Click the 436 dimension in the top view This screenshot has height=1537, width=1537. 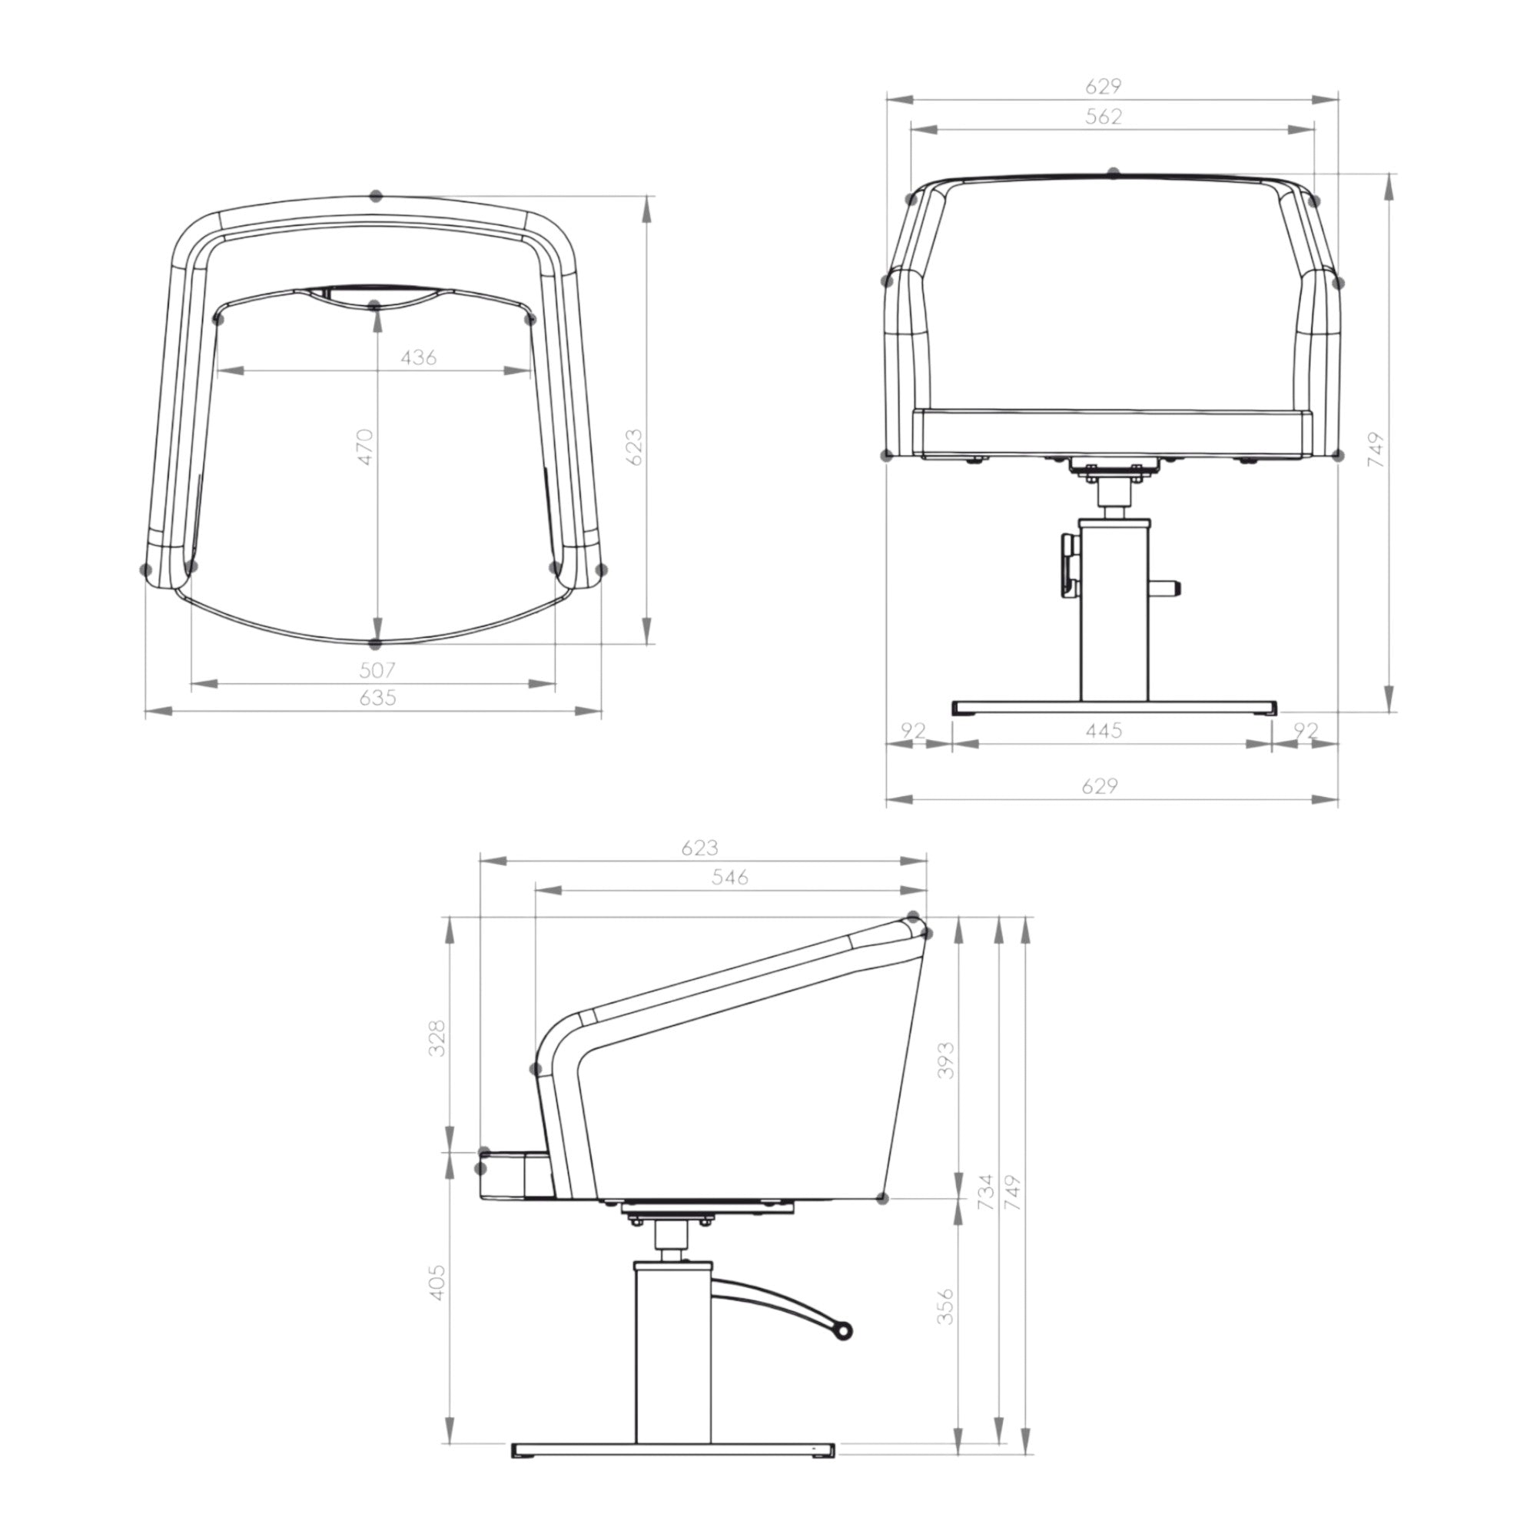[x=419, y=357]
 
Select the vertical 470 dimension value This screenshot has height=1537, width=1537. [x=364, y=447]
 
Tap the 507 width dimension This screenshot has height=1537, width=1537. [x=377, y=669]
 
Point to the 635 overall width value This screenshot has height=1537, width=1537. [x=377, y=698]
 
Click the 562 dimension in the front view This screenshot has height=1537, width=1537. [x=1104, y=116]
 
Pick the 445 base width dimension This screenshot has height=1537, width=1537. [x=1104, y=729]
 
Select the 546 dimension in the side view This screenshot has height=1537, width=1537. [x=729, y=877]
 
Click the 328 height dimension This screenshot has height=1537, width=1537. [x=437, y=1037]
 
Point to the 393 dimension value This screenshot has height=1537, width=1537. [x=945, y=1060]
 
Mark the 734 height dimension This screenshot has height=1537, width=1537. [x=986, y=1192]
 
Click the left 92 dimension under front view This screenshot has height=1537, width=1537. [x=913, y=729]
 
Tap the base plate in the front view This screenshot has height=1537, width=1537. [x=1114, y=707]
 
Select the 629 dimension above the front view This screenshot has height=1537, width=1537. [x=1104, y=85]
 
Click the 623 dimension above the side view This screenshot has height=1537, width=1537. [x=699, y=847]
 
